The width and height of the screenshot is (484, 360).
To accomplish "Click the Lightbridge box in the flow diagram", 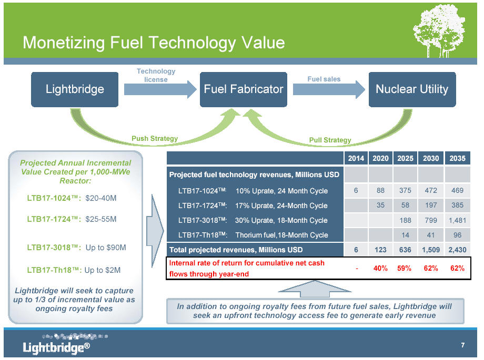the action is coord(75,89).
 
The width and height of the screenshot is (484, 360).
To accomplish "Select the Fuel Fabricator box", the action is coord(244,89).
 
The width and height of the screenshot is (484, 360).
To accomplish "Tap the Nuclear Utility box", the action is coord(412,89).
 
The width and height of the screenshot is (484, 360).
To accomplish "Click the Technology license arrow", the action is coord(160,89).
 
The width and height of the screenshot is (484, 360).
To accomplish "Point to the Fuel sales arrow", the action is coord(329,89).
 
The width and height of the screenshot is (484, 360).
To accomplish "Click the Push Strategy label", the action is coord(155,139).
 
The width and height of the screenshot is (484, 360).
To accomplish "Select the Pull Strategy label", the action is coord(330,140).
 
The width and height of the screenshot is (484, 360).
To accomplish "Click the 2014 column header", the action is coord(356,158).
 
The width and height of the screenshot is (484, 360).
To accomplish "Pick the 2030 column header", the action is coord(430,158).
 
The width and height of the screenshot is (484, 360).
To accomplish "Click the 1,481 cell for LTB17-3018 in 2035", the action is coord(457,220).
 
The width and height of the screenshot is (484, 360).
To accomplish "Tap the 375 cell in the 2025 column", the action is coord(405,191).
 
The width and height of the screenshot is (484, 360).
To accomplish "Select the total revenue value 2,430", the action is coord(457,250).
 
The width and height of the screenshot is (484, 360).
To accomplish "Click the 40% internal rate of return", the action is coord(380,269).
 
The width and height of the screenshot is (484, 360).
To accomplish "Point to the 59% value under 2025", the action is coord(405,269).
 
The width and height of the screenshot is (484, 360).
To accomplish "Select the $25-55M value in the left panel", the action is coord(101,219).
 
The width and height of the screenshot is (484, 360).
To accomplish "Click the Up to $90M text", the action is coord(106,248).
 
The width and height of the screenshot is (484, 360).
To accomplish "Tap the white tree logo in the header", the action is coord(439,31).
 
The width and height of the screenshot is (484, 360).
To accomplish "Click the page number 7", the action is coord(463,345).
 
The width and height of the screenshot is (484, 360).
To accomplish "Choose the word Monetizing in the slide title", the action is coord(64,43).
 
